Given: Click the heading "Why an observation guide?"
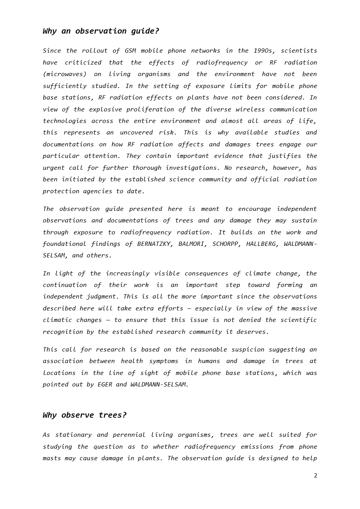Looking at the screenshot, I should click(x=101, y=31).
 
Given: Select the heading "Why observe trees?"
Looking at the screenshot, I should click(x=85, y=415).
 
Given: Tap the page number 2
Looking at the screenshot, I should click(x=315, y=476).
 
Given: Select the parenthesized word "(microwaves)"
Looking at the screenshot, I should click(x=65, y=74).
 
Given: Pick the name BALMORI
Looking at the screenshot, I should click(x=191, y=244).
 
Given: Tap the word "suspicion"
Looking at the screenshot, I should click(x=248, y=350).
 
